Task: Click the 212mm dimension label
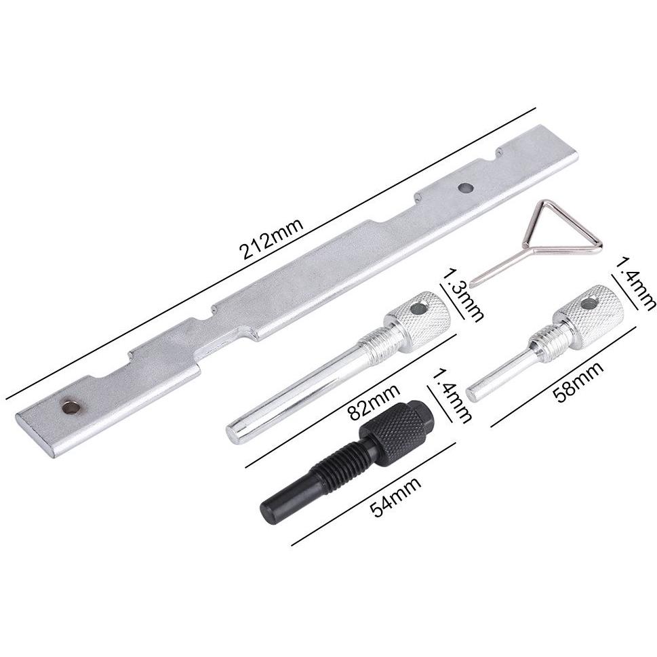pos(271,239)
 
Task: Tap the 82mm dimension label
pos(374,402)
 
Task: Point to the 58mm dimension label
pos(578,382)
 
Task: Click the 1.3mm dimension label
pos(463,295)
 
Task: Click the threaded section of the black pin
pos(337,464)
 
